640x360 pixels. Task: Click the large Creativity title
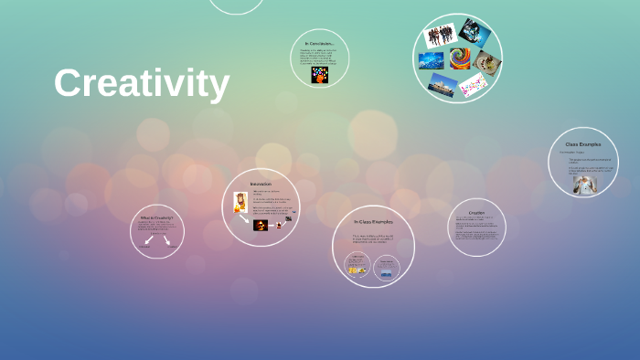(x=141, y=84)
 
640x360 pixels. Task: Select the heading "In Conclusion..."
(x=320, y=43)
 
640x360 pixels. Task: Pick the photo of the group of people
(x=440, y=36)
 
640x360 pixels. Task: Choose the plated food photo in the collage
(x=486, y=62)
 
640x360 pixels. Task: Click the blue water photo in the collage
(x=431, y=60)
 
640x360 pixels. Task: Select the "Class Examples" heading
(x=582, y=143)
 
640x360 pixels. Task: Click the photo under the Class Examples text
(x=581, y=184)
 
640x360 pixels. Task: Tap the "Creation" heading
(x=476, y=212)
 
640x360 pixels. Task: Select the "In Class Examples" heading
(x=373, y=222)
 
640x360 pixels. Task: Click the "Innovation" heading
(x=261, y=184)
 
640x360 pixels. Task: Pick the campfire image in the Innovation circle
(x=240, y=202)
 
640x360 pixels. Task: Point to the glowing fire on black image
(x=261, y=225)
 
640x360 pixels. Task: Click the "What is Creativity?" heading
(x=156, y=218)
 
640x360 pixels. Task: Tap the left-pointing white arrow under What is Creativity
(x=148, y=239)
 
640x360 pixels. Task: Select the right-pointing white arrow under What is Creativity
(x=167, y=239)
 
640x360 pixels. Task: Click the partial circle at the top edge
(x=236, y=5)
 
